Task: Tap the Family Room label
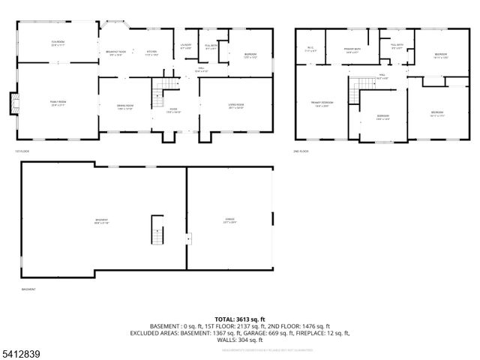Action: pos(57,103)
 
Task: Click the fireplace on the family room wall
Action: pos(12,103)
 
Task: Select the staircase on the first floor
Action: pos(158,95)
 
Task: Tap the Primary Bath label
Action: pos(352,50)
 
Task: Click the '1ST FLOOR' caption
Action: pos(20,151)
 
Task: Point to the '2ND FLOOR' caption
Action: pos(301,151)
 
